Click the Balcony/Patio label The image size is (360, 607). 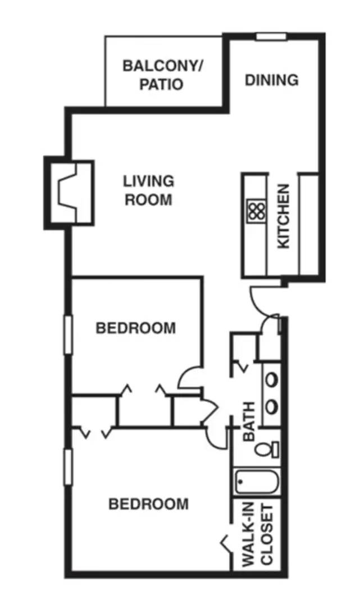[163, 75]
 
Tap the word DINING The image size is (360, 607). [272, 80]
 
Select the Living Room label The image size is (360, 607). [149, 190]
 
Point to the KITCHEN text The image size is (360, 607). [284, 216]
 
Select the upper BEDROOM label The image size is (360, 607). [135, 328]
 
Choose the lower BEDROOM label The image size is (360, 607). [148, 504]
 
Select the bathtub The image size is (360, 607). [257, 482]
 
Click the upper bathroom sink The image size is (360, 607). [271, 379]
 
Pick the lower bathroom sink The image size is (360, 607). [271, 405]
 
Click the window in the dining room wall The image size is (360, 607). [272, 37]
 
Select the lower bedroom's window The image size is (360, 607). [68, 467]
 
